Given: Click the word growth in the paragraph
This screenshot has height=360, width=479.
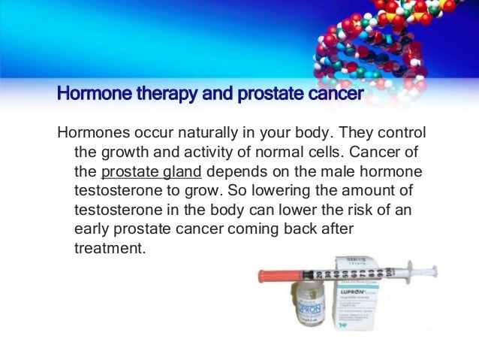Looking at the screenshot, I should click(x=125, y=152).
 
